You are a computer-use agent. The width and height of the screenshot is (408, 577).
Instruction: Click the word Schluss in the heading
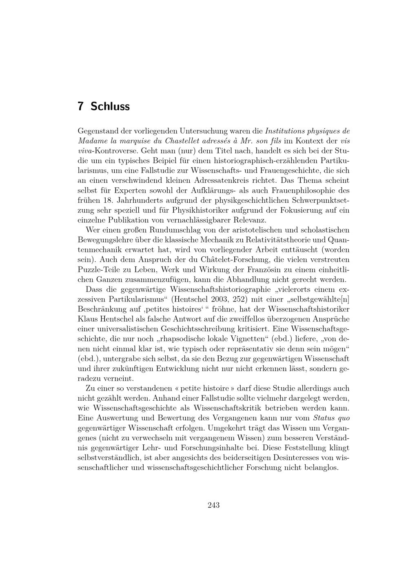click(x=110, y=107)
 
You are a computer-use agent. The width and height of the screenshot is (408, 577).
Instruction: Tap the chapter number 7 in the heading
click(x=80, y=107)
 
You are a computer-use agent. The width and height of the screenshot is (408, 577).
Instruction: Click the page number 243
click(x=213, y=505)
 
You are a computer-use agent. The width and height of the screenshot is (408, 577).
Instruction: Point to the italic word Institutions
click(x=286, y=131)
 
